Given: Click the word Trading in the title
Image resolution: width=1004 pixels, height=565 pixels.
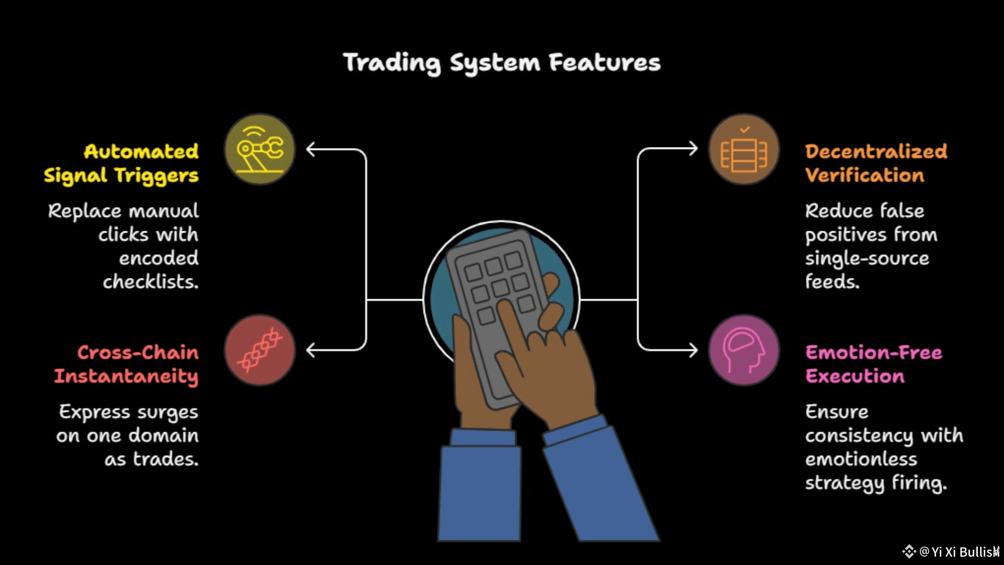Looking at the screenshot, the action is click(392, 63).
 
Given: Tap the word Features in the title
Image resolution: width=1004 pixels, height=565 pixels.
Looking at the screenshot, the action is click(604, 63).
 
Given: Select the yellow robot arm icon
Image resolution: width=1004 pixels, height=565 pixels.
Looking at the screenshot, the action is click(260, 150).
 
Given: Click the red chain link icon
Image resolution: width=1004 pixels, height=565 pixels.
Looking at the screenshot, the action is click(260, 350).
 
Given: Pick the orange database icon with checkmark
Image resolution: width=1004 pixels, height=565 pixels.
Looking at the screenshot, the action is click(744, 150).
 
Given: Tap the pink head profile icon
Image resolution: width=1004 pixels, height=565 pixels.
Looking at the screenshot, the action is click(744, 350).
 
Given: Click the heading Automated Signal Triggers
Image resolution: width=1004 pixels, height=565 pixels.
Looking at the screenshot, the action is click(121, 163).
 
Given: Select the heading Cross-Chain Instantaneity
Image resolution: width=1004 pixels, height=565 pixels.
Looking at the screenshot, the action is click(127, 364).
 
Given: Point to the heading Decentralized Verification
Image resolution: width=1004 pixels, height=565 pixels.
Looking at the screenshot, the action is click(876, 163).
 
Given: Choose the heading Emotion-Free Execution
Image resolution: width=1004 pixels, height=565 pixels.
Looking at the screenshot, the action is click(873, 364).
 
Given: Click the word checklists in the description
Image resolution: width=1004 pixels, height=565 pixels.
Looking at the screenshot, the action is click(151, 282).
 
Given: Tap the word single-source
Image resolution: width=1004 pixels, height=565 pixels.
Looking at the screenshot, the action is click(867, 258).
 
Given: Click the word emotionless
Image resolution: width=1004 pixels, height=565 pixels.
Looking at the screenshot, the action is click(861, 459).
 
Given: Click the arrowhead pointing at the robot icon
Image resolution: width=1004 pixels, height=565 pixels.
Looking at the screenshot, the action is click(311, 150).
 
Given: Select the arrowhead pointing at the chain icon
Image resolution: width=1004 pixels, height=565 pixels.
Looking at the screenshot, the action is click(311, 350).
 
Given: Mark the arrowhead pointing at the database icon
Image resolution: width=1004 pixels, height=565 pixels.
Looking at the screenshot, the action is click(693, 149).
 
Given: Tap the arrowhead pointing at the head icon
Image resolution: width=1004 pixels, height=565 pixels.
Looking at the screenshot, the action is click(693, 350).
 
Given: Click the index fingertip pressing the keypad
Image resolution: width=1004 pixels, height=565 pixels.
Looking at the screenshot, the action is click(504, 308).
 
